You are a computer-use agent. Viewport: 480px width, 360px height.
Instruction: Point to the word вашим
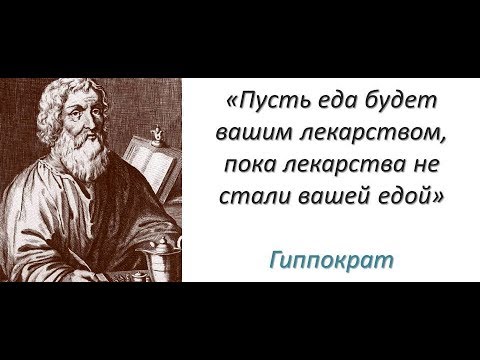[x=251, y=133]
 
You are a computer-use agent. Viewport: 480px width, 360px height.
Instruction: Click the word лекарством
[x=363, y=133]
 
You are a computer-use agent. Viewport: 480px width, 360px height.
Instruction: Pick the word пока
[x=252, y=163]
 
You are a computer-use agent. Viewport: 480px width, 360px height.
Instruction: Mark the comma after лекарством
[x=440, y=140]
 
